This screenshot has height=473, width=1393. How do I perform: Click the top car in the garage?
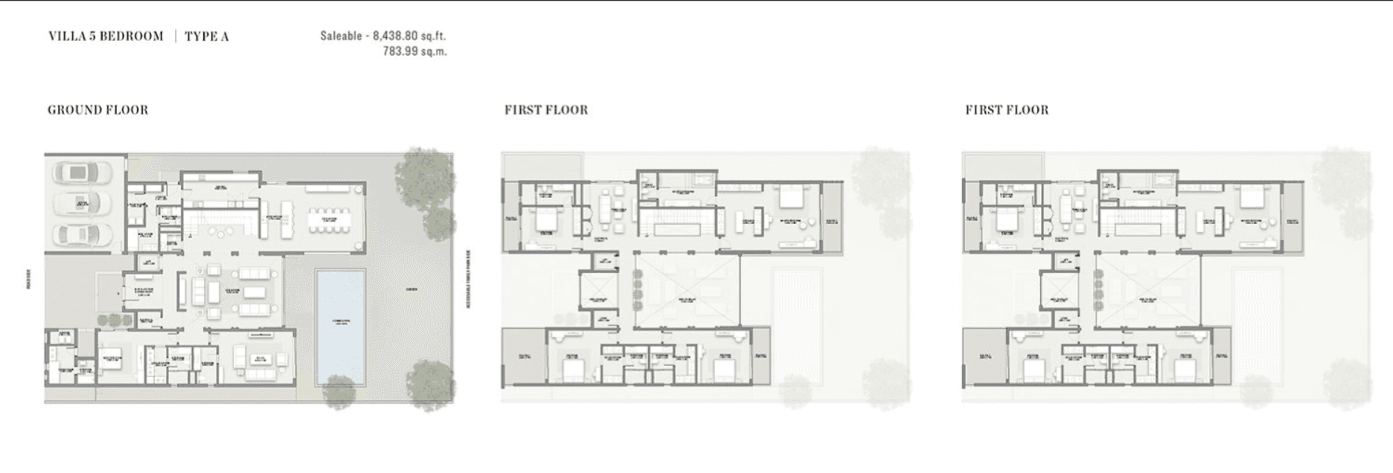[x=83, y=173]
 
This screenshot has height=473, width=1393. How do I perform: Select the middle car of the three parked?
[x=83, y=202]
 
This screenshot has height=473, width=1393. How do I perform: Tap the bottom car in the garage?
[x=83, y=234]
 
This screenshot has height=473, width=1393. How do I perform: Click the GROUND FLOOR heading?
[x=98, y=110]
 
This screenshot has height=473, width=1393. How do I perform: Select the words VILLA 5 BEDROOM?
[x=106, y=36]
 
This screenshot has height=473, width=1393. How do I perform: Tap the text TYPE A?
[x=207, y=36]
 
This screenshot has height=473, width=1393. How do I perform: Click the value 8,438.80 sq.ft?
[x=409, y=36]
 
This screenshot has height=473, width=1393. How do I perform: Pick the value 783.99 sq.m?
[x=414, y=51]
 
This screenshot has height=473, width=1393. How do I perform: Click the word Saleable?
[x=341, y=36]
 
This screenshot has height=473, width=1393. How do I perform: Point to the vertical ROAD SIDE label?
[x=29, y=279]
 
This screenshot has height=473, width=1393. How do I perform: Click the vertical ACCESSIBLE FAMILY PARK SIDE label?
[x=468, y=279]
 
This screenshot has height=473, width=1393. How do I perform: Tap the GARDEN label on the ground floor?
[x=412, y=289]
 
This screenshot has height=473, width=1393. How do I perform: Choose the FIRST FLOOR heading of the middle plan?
[x=546, y=110]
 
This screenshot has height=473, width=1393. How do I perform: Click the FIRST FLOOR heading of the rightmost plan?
[x=1007, y=110]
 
